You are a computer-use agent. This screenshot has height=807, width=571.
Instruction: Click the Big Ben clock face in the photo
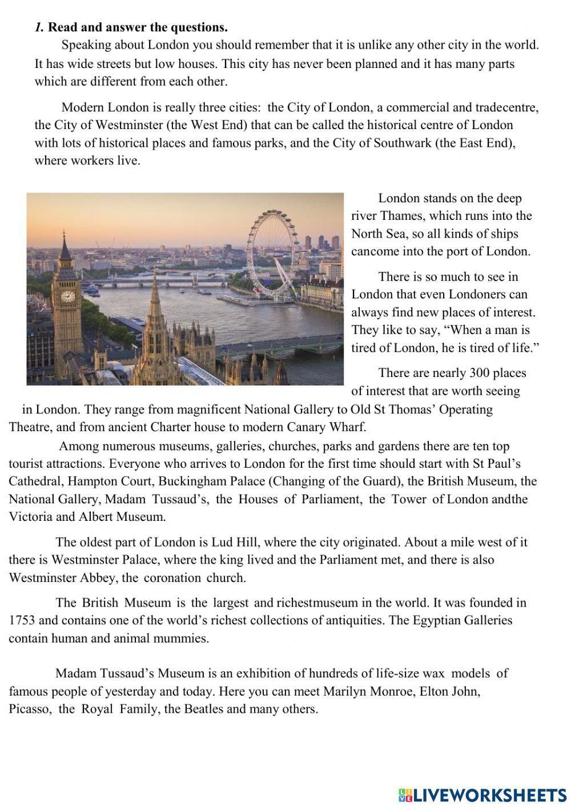67,296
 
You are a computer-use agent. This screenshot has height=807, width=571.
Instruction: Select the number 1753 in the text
23,620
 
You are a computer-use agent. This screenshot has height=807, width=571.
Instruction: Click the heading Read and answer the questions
138,27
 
